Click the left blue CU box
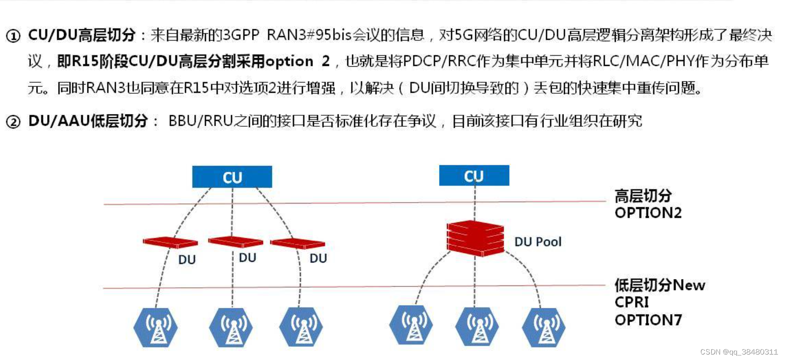232,177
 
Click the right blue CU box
474,175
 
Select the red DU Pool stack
475,238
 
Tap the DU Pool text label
538,242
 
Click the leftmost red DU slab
170,242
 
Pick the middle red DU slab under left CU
236,241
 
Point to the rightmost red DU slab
297,243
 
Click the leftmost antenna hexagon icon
156,328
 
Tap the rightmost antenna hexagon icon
544,328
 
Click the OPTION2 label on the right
648,213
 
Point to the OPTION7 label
648,320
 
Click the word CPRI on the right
631,302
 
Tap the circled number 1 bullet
13,36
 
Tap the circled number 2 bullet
13,122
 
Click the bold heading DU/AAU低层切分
88,121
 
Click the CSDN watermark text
738,352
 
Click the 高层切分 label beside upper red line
643,196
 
